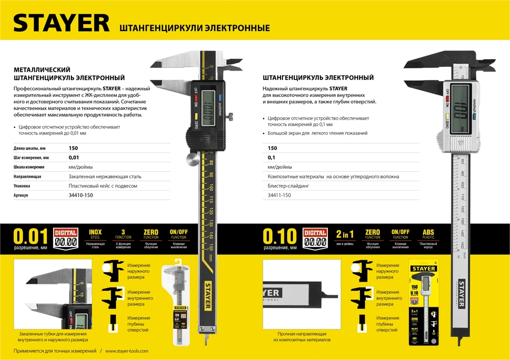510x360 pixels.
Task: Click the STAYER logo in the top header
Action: click(61, 22)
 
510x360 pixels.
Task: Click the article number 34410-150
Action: click(81, 195)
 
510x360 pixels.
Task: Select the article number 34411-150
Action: click(279, 195)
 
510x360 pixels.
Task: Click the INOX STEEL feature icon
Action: click(95, 238)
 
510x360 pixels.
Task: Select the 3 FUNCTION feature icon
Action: click(123, 238)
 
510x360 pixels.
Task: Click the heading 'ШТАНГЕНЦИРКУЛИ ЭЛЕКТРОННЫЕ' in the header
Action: click(194, 28)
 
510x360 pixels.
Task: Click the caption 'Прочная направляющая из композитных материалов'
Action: click(302, 337)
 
